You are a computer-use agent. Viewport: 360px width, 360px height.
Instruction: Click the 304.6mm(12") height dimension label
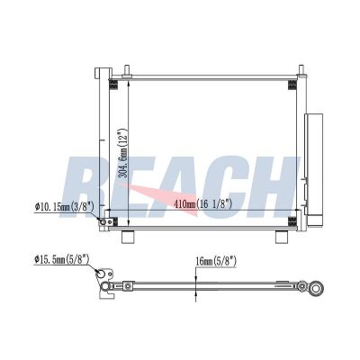(x=122, y=153)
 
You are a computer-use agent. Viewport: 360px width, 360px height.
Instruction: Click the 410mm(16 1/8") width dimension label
(x=203, y=204)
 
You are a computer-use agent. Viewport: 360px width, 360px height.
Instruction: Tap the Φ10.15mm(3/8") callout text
(x=65, y=207)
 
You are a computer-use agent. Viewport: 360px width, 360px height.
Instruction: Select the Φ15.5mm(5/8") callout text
(x=62, y=259)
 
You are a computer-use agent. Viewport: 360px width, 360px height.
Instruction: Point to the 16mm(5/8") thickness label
(x=216, y=262)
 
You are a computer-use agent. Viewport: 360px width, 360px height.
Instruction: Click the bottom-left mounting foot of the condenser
(x=128, y=237)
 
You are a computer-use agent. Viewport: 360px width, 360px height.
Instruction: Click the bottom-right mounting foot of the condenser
(x=282, y=237)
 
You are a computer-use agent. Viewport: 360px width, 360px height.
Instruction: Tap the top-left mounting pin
(x=126, y=70)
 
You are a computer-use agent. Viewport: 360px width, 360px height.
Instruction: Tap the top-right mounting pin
(x=301, y=70)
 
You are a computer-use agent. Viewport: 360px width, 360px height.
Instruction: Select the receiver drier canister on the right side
(x=314, y=169)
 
